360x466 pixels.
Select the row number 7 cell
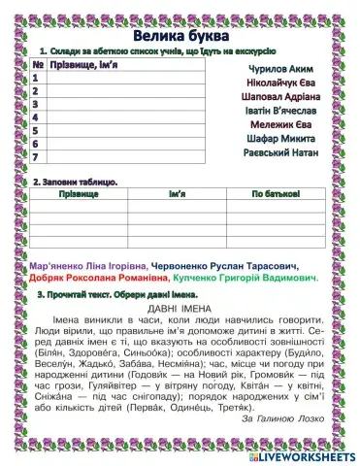click(x=35, y=155)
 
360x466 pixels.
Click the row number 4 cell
click(x=35, y=116)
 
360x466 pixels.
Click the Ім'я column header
click(x=177, y=195)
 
